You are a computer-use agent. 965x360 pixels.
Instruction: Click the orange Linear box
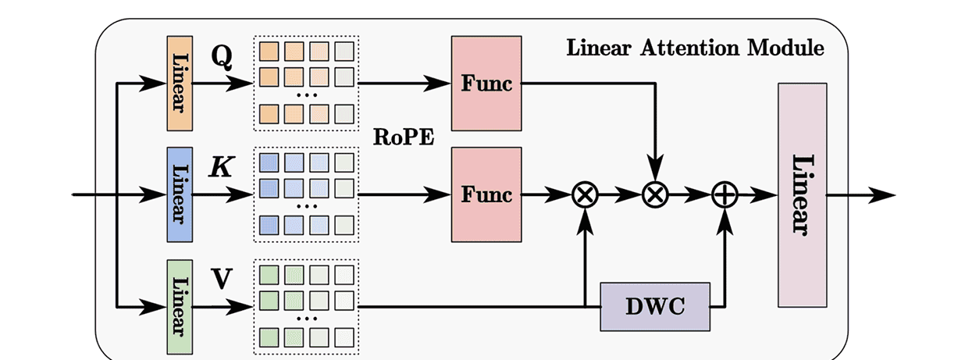pos(180,83)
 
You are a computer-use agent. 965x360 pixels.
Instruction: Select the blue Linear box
pos(180,194)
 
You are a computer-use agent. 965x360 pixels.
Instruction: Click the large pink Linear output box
pos(802,194)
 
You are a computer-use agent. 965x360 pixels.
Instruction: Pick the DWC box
pos(655,306)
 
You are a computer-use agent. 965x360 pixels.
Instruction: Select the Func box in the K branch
pos(486,194)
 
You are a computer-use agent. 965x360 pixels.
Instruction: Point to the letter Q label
pos(221,57)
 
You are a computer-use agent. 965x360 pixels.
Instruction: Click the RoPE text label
pos(404,138)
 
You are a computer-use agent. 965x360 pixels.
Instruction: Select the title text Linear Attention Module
pos(694,48)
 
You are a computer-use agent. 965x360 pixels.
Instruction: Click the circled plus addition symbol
pos(725,195)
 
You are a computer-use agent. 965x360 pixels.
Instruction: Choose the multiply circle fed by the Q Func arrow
pos(655,195)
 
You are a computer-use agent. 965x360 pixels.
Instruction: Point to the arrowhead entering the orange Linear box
pos(157,83)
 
